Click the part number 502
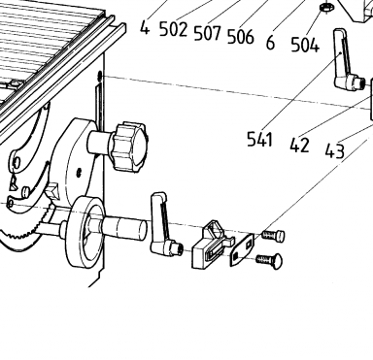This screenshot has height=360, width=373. [174, 30]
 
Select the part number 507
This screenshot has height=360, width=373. [208, 33]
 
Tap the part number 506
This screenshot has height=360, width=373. [241, 36]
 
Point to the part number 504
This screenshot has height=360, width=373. [305, 45]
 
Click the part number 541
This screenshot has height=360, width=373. [259, 140]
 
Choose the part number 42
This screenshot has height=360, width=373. [299, 145]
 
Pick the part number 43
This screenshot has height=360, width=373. [335, 150]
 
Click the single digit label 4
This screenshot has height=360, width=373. [145, 27]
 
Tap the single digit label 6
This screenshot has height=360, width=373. [270, 42]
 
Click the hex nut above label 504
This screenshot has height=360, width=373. [325, 7]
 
